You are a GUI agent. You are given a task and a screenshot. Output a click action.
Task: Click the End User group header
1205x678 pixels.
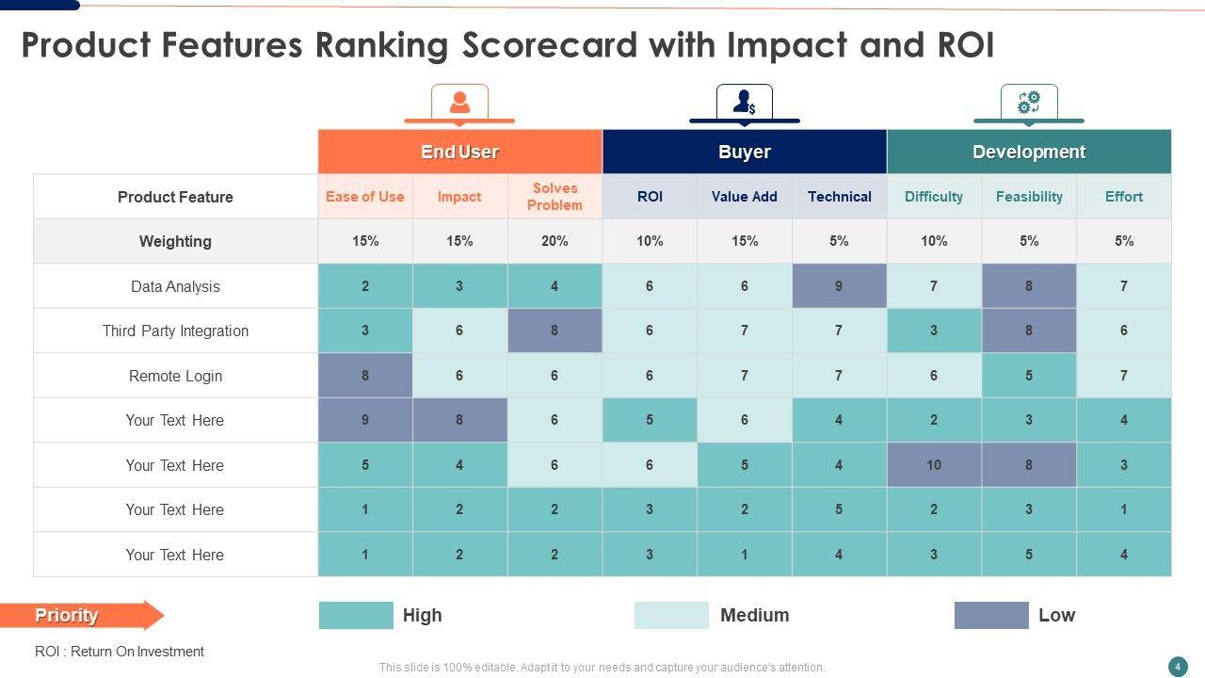pos(459,152)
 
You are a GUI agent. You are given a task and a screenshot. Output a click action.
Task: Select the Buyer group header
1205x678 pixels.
pos(744,152)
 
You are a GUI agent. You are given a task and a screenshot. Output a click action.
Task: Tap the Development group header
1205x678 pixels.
pos(1029,152)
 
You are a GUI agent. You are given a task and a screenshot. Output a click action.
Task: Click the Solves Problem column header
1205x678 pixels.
pos(554,197)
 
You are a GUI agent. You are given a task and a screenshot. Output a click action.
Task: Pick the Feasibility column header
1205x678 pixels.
pos(1029,197)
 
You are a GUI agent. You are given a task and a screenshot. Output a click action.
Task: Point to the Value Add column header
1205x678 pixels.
pos(744,197)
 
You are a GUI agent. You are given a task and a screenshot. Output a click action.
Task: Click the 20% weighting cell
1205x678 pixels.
pos(554,241)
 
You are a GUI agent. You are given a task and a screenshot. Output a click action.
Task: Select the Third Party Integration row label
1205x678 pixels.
pos(175,331)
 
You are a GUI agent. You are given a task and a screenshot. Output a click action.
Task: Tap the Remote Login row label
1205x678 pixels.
pos(175,376)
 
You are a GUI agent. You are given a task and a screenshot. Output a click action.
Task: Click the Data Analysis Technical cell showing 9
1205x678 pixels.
pos(839,286)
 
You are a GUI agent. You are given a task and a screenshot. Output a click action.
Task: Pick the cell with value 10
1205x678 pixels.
pos(934,465)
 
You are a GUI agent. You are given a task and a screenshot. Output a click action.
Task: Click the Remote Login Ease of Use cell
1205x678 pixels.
pos(365,376)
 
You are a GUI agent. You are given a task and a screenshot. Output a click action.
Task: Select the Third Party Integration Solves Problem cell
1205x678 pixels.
pos(554,331)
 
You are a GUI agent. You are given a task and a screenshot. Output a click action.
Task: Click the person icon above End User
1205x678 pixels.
pos(459,102)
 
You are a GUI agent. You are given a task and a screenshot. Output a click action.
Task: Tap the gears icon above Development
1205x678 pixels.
pos(1029,102)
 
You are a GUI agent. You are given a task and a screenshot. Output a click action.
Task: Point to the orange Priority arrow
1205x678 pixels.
pos(82,615)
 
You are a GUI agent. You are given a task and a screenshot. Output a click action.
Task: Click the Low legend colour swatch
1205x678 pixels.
pos(991,615)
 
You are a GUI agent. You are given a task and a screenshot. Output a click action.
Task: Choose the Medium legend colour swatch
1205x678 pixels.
pos(671,615)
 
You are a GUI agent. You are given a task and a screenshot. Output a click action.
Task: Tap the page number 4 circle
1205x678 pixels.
pos(1178,667)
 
